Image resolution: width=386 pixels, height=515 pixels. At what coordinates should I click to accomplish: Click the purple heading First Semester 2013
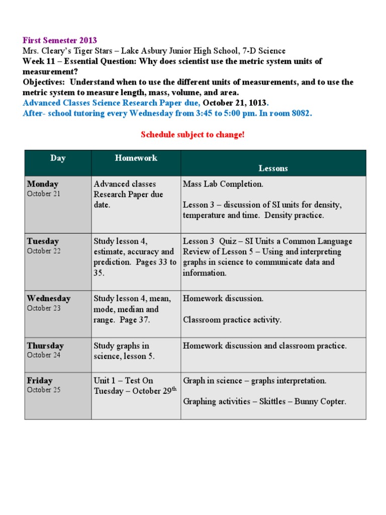click(x=60, y=40)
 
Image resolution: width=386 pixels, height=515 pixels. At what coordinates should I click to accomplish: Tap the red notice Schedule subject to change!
click(x=192, y=135)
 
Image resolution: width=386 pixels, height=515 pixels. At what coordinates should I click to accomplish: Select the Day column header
click(x=58, y=158)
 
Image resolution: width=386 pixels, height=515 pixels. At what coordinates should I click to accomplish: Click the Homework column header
click(x=136, y=158)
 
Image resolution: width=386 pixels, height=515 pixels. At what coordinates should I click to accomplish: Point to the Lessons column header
click(x=273, y=168)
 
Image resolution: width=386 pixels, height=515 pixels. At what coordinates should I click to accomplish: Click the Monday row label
click(x=43, y=184)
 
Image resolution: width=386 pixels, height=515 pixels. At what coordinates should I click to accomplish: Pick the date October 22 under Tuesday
click(x=43, y=251)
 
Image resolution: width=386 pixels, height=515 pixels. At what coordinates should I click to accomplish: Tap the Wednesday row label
click(x=49, y=298)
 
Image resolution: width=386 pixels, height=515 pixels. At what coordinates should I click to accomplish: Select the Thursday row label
click(x=45, y=346)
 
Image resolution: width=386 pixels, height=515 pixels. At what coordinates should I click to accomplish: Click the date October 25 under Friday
click(x=43, y=390)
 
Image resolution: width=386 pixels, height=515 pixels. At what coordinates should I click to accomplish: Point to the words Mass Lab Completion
click(x=223, y=184)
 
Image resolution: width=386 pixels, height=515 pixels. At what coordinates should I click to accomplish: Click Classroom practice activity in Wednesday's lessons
click(x=232, y=319)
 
